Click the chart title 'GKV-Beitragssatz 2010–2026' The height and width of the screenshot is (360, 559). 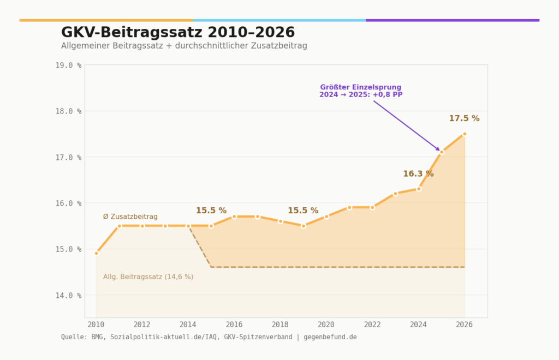click(x=178, y=33)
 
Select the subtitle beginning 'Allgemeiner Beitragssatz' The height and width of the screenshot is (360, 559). click(x=184, y=46)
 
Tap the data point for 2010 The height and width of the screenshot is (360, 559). click(x=96, y=253)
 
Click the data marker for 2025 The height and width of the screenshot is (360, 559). click(x=442, y=152)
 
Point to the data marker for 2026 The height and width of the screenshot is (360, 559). click(x=465, y=134)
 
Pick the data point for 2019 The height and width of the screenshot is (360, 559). click(x=304, y=226)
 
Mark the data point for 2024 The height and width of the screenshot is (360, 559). click(x=419, y=189)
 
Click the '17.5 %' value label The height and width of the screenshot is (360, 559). click(x=464, y=118)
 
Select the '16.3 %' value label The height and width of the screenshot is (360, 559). click(x=418, y=174)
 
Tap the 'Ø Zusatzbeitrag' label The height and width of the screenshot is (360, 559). click(x=130, y=217)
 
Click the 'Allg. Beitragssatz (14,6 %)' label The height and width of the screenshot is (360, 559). click(x=148, y=277)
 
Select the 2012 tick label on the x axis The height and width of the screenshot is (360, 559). click(x=142, y=324)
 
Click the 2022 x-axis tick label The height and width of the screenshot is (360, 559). click(x=372, y=324)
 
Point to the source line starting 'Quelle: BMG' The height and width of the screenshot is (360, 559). click(x=209, y=337)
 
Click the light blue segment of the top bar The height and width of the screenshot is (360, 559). click(x=279, y=20)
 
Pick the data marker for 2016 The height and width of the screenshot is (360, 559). click(x=234, y=217)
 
